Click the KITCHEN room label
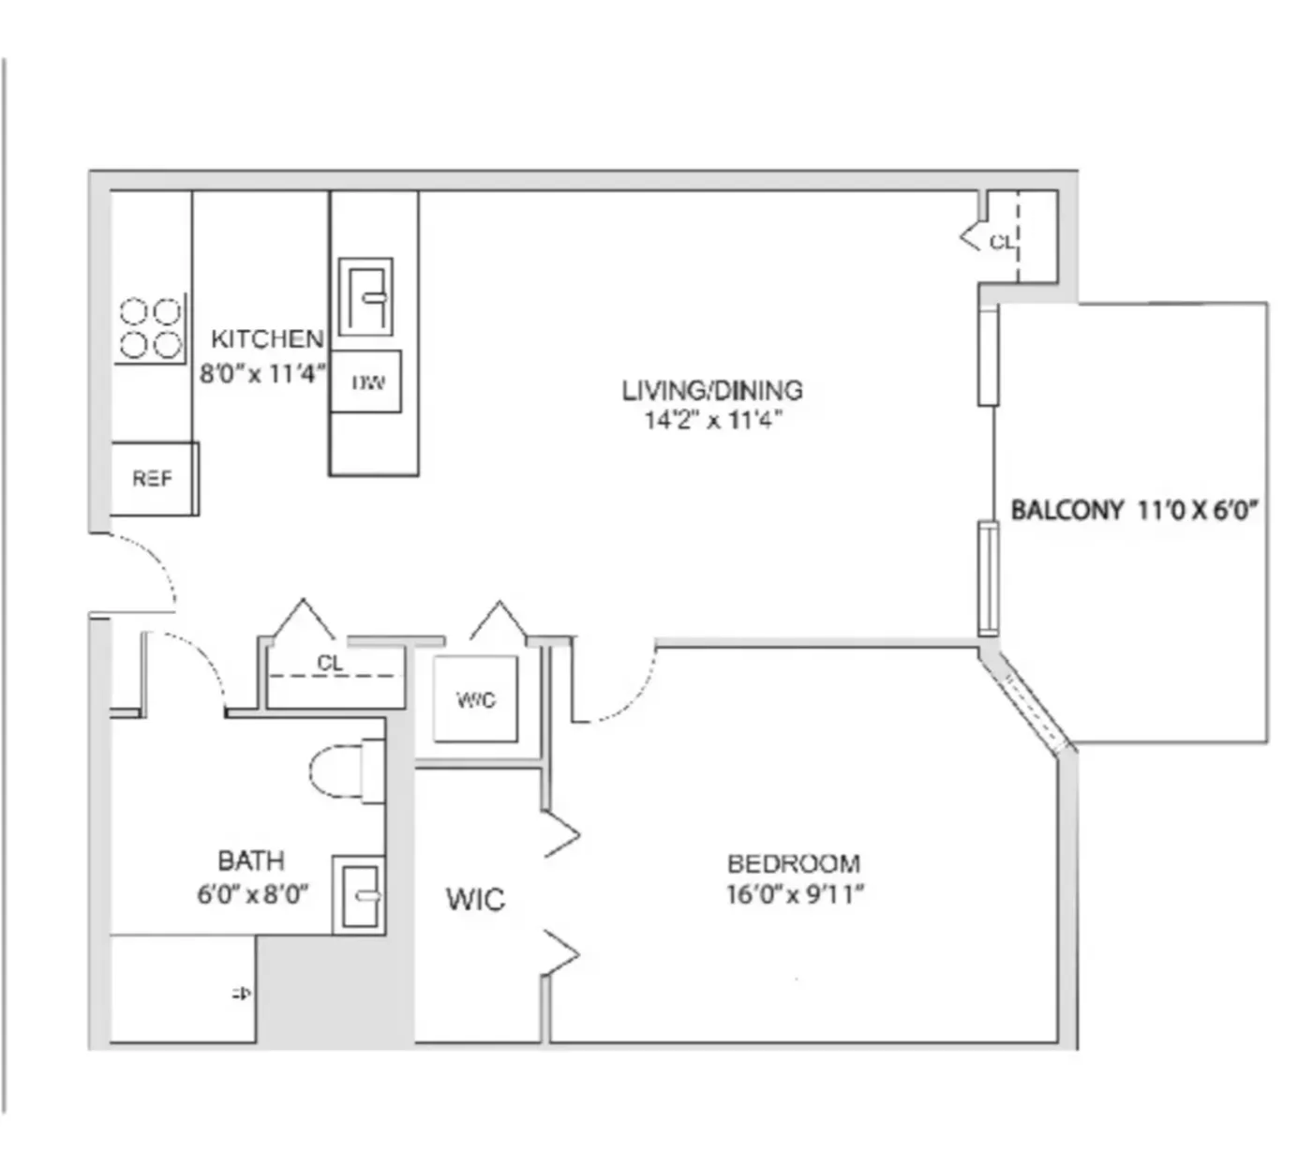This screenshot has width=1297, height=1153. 267,338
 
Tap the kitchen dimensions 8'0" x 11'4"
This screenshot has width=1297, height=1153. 262,374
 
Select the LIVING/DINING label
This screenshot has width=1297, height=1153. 712,389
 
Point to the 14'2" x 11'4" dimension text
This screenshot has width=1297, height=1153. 712,420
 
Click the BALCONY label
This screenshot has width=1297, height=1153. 1066,511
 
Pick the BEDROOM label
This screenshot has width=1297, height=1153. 793,863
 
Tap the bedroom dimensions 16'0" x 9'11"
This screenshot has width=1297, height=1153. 794,894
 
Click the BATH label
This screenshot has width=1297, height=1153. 250,861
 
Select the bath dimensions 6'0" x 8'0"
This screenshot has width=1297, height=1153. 252,894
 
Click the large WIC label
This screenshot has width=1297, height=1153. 475,900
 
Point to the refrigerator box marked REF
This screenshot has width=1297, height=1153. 154,479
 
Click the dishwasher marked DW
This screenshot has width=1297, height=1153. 366,382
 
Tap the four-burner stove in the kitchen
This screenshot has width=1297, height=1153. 151,328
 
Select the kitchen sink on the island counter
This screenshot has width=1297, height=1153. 365,297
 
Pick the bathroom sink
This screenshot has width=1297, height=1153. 359,895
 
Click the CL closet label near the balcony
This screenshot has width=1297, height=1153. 1001,242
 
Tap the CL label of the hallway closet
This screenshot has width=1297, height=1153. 330,663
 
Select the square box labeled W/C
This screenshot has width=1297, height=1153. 475,699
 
